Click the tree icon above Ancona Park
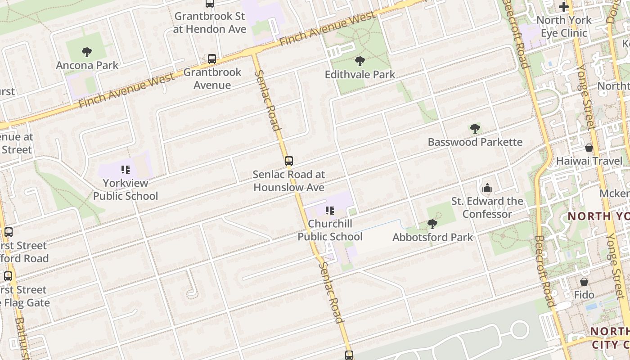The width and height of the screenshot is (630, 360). [x=87, y=52]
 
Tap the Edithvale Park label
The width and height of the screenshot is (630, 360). [x=360, y=74]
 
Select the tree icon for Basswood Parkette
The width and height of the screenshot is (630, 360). [x=475, y=129]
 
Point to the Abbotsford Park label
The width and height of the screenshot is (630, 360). [x=433, y=237]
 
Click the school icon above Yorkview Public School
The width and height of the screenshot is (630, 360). [x=126, y=170]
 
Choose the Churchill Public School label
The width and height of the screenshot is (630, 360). [x=330, y=230]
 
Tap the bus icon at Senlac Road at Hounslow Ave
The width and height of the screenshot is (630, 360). [x=289, y=161]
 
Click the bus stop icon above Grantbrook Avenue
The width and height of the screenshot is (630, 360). [x=212, y=59]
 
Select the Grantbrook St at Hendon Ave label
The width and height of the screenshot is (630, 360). [x=210, y=22]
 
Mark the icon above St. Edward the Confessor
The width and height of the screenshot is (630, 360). [x=487, y=188]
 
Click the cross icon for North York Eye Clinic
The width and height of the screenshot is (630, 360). [x=564, y=7]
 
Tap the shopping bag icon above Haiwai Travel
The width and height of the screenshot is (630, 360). [x=589, y=148]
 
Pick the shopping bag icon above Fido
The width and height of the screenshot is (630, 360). [x=584, y=282]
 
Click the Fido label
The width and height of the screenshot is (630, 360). [x=584, y=295]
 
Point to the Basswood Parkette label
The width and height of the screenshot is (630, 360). [x=475, y=142]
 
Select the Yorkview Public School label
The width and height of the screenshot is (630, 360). [x=126, y=189]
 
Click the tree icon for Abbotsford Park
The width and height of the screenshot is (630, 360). [x=432, y=224]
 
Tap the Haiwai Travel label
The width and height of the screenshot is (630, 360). [x=589, y=161]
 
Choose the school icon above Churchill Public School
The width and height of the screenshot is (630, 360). [x=329, y=210]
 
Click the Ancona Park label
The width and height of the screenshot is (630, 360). [x=87, y=65]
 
